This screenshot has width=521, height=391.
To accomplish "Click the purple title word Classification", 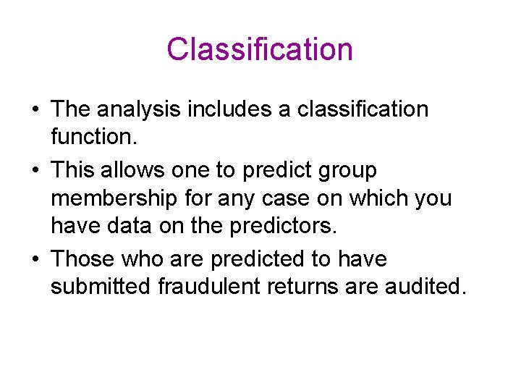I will pyautogui.click(x=260, y=50).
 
